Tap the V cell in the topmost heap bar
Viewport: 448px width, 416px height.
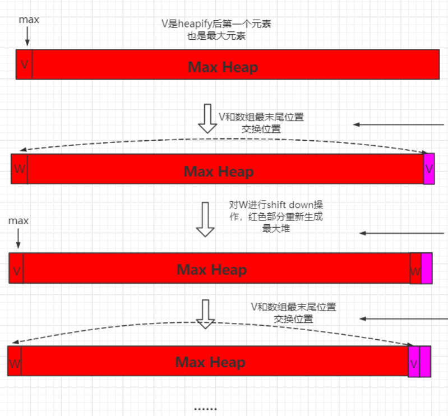coord(24,64)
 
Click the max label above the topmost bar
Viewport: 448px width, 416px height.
coord(29,20)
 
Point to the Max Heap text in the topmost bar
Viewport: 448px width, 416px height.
coord(223,67)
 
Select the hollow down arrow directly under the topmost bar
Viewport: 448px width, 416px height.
coord(208,118)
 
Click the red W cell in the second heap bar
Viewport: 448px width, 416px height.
coord(19,169)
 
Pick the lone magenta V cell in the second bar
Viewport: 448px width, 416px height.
coord(429,169)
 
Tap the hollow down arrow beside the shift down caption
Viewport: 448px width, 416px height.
coord(205,220)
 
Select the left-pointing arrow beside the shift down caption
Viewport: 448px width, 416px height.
coord(402,233)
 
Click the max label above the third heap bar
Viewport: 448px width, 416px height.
coord(19,221)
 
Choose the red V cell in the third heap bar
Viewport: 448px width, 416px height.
coord(17,271)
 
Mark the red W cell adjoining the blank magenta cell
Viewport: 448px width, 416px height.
coord(415,271)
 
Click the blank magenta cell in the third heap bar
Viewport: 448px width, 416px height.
coord(427,269)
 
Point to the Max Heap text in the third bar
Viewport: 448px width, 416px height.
coord(211,270)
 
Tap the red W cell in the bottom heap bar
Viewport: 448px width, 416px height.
coord(15,363)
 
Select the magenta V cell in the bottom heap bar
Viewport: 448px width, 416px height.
coord(414,363)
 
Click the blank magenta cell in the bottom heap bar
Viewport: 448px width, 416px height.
coord(425,362)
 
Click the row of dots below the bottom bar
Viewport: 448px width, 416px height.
coord(205,409)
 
